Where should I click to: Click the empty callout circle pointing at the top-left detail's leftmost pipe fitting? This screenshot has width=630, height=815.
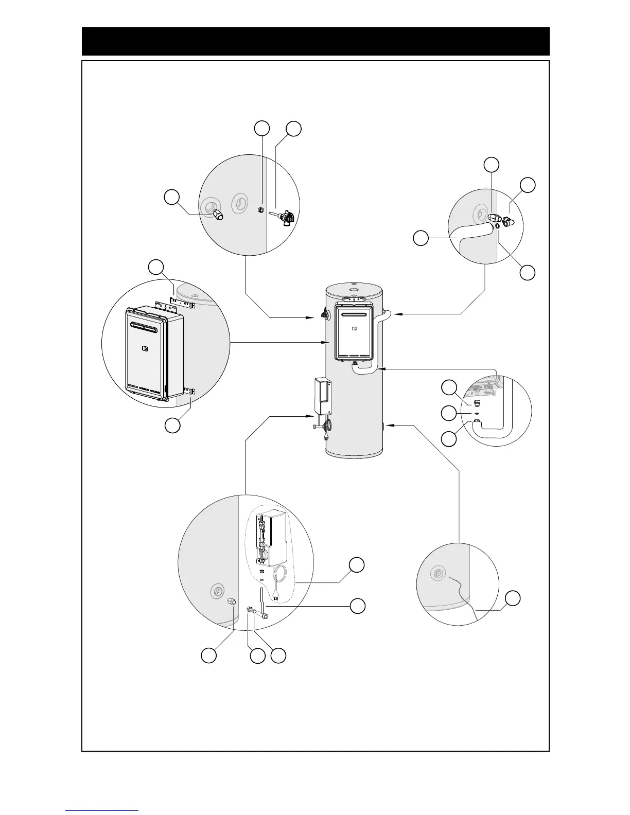coord(172,198)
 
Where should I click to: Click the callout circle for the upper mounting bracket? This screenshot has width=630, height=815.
coord(156,267)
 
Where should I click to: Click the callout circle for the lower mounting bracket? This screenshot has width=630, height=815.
coord(172,425)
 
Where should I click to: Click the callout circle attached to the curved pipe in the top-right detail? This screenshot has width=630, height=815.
coord(422,238)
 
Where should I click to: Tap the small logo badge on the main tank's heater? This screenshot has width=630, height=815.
coord(355,328)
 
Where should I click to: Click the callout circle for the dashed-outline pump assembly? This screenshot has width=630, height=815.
coord(357,564)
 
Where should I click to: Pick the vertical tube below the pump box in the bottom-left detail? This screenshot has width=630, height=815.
coord(262,602)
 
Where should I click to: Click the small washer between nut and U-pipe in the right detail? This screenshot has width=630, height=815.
coord(477,413)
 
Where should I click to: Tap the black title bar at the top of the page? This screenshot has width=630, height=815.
coord(316,41)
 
